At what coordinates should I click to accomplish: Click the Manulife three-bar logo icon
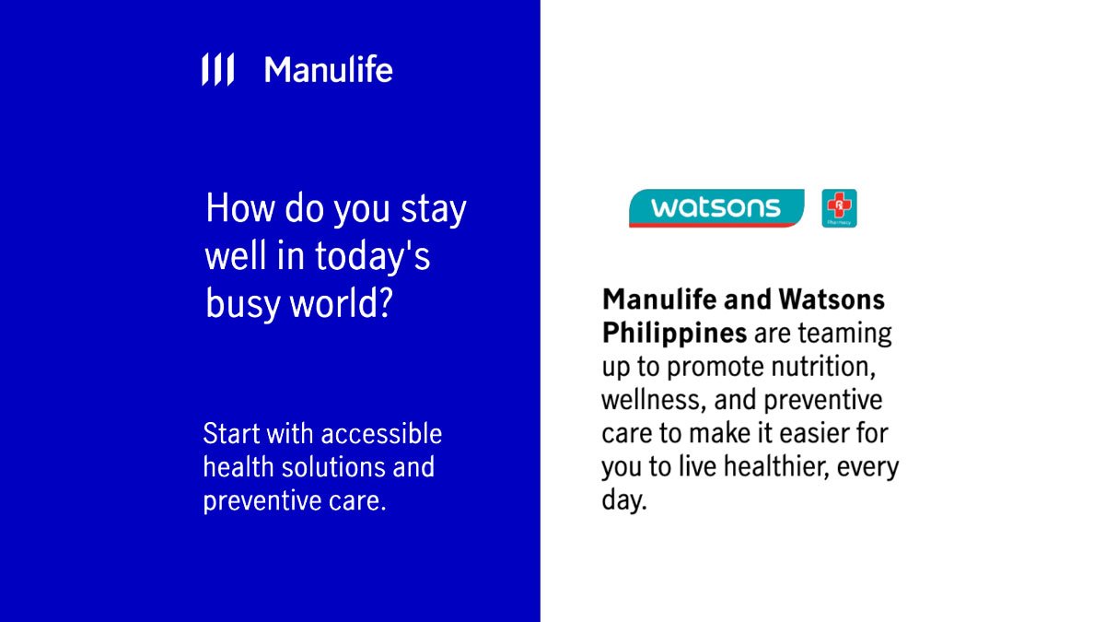pyautogui.click(x=217, y=69)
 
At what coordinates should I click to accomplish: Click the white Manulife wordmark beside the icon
pyautogui.click(x=329, y=70)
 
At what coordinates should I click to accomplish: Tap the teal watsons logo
pyautogui.click(x=716, y=208)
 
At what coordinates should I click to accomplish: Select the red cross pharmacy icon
pyautogui.click(x=839, y=208)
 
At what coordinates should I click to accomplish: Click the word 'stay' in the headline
pyautogui.click(x=433, y=210)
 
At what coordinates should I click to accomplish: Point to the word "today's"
pyautogui.click(x=372, y=257)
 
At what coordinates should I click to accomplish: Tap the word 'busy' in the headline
pyautogui.click(x=242, y=303)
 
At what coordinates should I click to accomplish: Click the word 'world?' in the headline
pyautogui.click(x=341, y=302)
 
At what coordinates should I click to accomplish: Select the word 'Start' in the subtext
pyautogui.click(x=231, y=433)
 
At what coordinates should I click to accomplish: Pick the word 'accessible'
pyautogui.click(x=381, y=433)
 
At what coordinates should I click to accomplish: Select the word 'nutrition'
pyautogui.click(x=822, y=367)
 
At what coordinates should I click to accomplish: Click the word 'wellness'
pyautogui.click(x=653, y=400)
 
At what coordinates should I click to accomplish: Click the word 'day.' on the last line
pyautogui.click(x=623, y=500)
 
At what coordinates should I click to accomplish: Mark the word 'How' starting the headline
pyautogui.click(x=240, y=208)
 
